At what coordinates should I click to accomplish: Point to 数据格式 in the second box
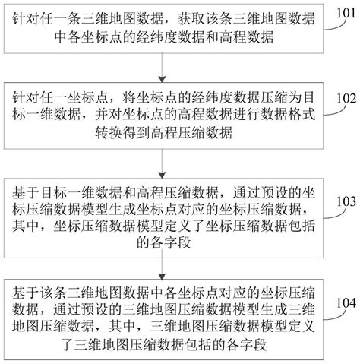point(279,116)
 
